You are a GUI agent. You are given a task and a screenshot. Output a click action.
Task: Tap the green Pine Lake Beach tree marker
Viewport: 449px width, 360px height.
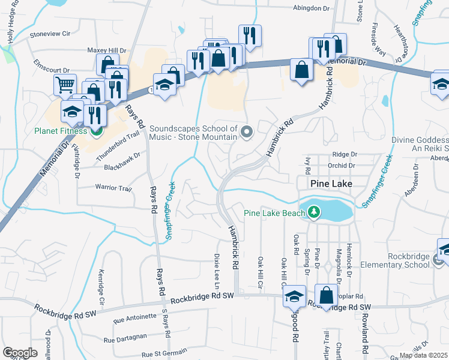313,212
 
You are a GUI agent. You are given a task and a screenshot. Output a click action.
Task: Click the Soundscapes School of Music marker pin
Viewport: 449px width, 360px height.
246,131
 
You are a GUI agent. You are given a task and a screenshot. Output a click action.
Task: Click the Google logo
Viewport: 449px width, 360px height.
20,353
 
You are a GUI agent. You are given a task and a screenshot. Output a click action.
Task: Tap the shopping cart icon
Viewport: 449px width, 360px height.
65,84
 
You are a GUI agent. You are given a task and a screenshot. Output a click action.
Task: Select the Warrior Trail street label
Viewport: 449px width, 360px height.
113,188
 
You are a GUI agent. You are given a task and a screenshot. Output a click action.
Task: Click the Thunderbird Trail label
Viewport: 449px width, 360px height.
121,135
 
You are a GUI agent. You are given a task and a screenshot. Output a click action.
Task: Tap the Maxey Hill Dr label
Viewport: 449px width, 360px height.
107,51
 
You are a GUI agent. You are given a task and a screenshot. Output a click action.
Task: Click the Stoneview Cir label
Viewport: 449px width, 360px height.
58,34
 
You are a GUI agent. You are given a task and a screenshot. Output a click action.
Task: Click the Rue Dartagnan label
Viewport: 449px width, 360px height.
126,340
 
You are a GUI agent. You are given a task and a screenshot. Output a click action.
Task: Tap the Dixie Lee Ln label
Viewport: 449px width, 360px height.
215,268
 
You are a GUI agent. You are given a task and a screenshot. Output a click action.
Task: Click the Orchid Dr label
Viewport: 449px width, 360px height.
342,166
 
